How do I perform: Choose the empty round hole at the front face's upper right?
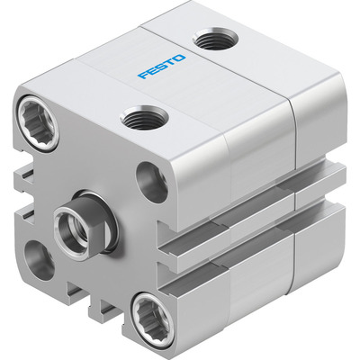[x=150, y=181]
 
